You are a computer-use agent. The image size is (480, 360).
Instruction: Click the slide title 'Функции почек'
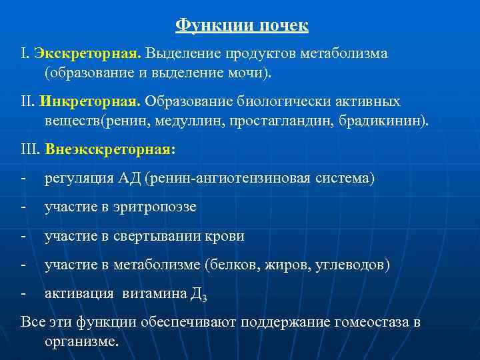click(241, 25)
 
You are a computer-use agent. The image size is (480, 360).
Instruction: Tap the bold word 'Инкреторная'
click(89, 101)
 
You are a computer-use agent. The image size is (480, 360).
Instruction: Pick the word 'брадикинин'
click(389, 121)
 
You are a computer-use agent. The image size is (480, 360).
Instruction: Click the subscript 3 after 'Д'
click(203, 298)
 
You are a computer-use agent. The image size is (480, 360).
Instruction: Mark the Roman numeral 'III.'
click(31, 150)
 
